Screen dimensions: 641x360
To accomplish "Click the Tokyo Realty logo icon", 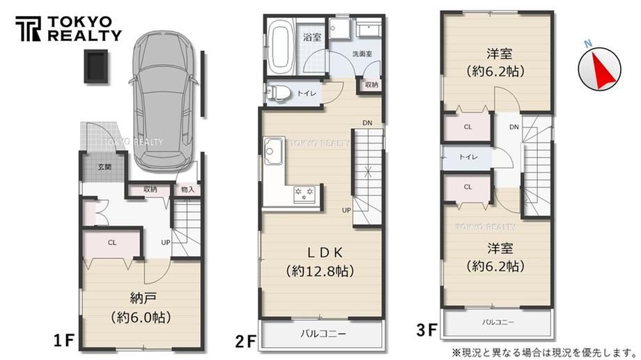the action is pyautogui.click(x=28, y=29).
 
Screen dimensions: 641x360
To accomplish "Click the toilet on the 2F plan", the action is pyautogui.click(x=277, y=93).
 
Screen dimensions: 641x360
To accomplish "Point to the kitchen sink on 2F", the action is pyautogui.click(x=272, y=151).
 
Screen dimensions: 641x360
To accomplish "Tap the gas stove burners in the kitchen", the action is pyautogui.click(x=305, y=194).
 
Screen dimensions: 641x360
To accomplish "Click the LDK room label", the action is pyautogui.click(x=325, y=253).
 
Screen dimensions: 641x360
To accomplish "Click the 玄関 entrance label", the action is pyautogui.click(x=105, y=166).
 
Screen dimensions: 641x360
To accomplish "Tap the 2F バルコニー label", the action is pyautogui.click(x=323, y=334).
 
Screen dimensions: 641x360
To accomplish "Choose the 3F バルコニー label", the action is pyautogui.click(x=497, y=322).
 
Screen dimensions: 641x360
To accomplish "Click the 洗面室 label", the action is pyautogui.click(x=362, y=54).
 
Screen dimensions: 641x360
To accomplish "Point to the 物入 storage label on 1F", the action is pyautogui.click(x=187, y=189).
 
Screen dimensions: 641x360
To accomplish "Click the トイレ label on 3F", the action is pyautogui.click(x=468, y=157).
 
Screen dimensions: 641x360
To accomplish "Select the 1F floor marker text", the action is pyautogui.click(x=64, y=340).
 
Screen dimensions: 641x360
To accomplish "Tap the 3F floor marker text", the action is pyautogui.click(x=427, y=330).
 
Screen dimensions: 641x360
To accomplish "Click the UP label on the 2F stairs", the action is pyautogui.click(x=346, y=210).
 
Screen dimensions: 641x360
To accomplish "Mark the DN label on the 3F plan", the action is pyautogui.click(x=514, y=127).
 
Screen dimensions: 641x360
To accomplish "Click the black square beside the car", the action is pyautogui.click(x=96, y=67).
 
